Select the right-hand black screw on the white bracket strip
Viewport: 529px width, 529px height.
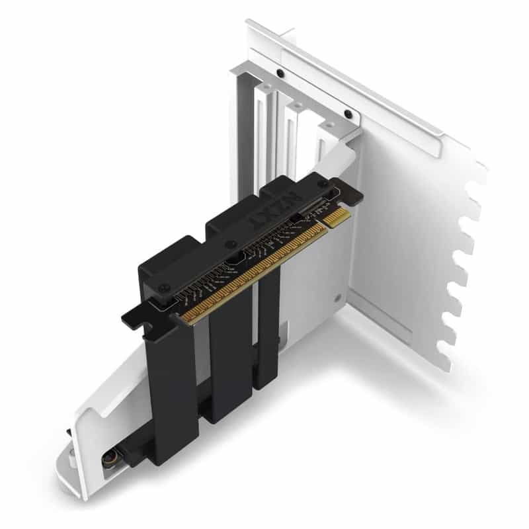tap(348, 114)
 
